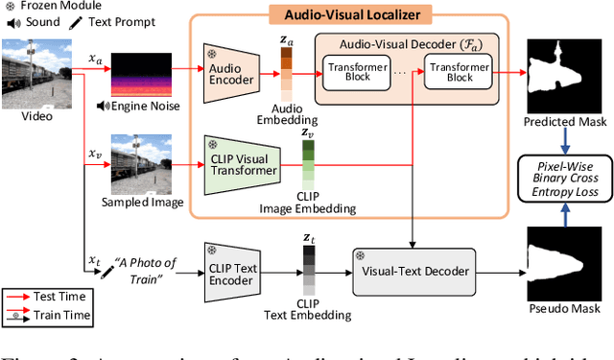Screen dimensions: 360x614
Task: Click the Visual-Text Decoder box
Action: click(413, 271)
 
